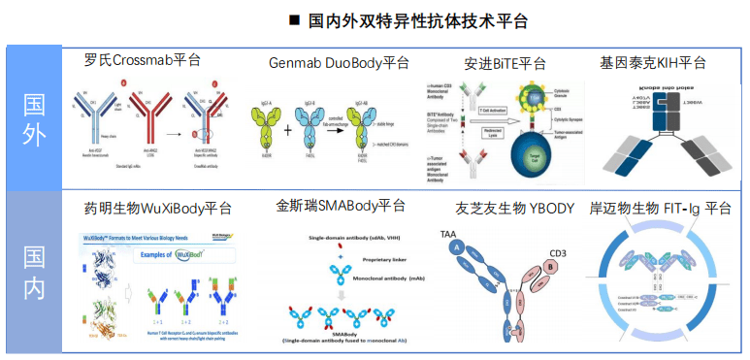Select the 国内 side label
coord(33,274)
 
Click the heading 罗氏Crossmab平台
coord(143,60)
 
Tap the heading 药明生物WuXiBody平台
coord(157,208)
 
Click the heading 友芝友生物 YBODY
coord(514,208)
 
